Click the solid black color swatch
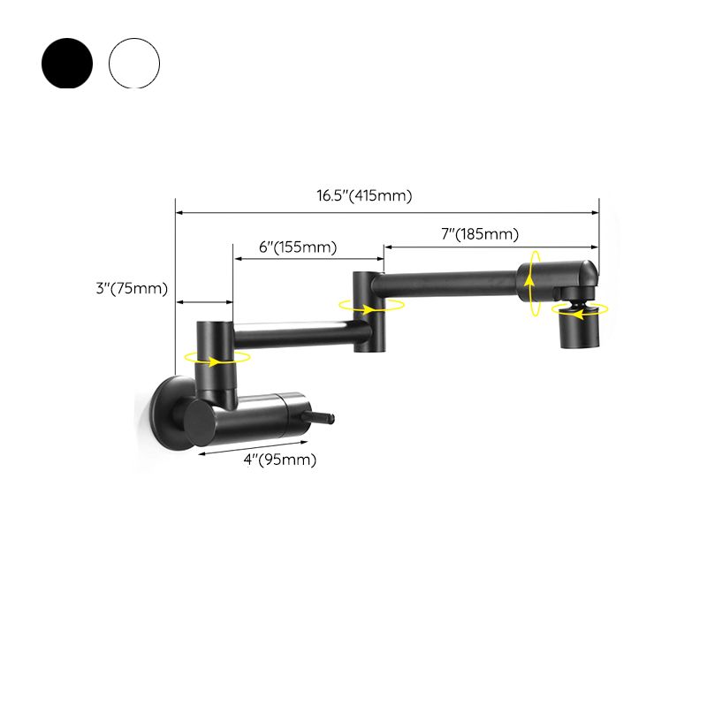67,63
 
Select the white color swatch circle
134,63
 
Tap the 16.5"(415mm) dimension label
364,195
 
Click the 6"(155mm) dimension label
298,247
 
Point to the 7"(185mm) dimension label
480,234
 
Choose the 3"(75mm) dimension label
132,288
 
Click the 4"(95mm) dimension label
280,460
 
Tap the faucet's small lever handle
322,417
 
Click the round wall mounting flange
171,413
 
